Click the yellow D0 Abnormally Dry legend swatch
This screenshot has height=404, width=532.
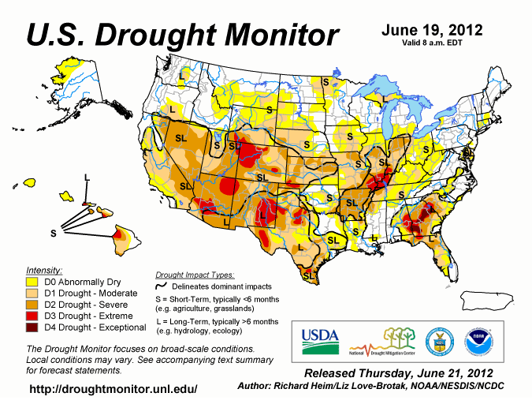(32, 281)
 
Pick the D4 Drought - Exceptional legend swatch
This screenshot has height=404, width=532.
(32, 327)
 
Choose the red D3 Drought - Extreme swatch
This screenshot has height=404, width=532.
(32, 316)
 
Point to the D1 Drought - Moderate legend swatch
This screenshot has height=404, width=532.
(32, 293)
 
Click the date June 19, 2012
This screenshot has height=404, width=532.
(432, 31)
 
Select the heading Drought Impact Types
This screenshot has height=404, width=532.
(195, 275)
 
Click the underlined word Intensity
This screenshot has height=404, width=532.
(44, 269)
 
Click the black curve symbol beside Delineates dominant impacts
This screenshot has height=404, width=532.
(162, 286)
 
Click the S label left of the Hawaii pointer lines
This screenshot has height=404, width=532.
(54, 233)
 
